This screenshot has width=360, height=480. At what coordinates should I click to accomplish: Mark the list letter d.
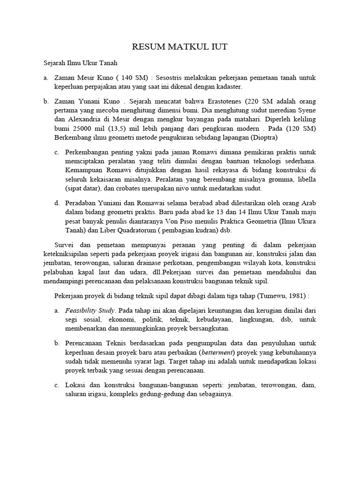(57, 203)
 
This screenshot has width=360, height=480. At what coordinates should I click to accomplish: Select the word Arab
(308, 203)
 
